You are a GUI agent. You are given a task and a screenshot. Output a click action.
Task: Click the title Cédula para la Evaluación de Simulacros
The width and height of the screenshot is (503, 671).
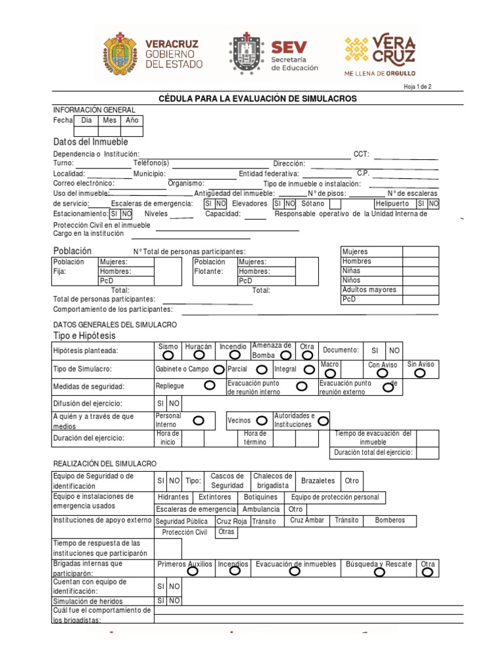[258, 98]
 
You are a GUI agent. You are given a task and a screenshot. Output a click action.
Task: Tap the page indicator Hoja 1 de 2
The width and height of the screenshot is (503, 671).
[418, 86]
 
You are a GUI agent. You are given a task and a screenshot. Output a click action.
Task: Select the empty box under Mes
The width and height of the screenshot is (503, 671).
[109, 131]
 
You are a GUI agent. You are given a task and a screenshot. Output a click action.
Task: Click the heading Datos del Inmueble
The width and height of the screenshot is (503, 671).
[90, 142]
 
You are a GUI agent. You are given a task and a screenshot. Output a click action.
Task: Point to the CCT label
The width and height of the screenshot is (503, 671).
[362, 154]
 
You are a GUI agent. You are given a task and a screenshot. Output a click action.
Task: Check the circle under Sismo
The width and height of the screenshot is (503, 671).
[168, 355]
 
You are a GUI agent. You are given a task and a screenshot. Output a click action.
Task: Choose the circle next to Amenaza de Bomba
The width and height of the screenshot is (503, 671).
[286, 355]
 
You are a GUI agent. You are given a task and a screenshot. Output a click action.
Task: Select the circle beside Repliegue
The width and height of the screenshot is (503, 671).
[210, 386]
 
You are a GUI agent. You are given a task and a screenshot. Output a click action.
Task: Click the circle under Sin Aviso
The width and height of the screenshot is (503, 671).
[420, 373]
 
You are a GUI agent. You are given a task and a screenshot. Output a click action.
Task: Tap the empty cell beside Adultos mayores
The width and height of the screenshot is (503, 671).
[420, 290]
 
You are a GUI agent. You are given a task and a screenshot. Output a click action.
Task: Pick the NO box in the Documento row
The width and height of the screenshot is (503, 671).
[394, 351]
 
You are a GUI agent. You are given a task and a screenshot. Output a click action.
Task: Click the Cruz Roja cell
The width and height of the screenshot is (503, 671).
[232, 522]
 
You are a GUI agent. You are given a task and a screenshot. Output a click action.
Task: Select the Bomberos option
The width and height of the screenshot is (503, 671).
[390, 520]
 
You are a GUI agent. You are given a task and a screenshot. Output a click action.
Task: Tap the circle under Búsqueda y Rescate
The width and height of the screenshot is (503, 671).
[379, 572]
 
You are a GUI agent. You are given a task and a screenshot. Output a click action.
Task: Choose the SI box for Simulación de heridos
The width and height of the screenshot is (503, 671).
[160, 601]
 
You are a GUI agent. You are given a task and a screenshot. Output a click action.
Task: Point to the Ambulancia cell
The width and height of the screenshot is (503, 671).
[261, 509]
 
